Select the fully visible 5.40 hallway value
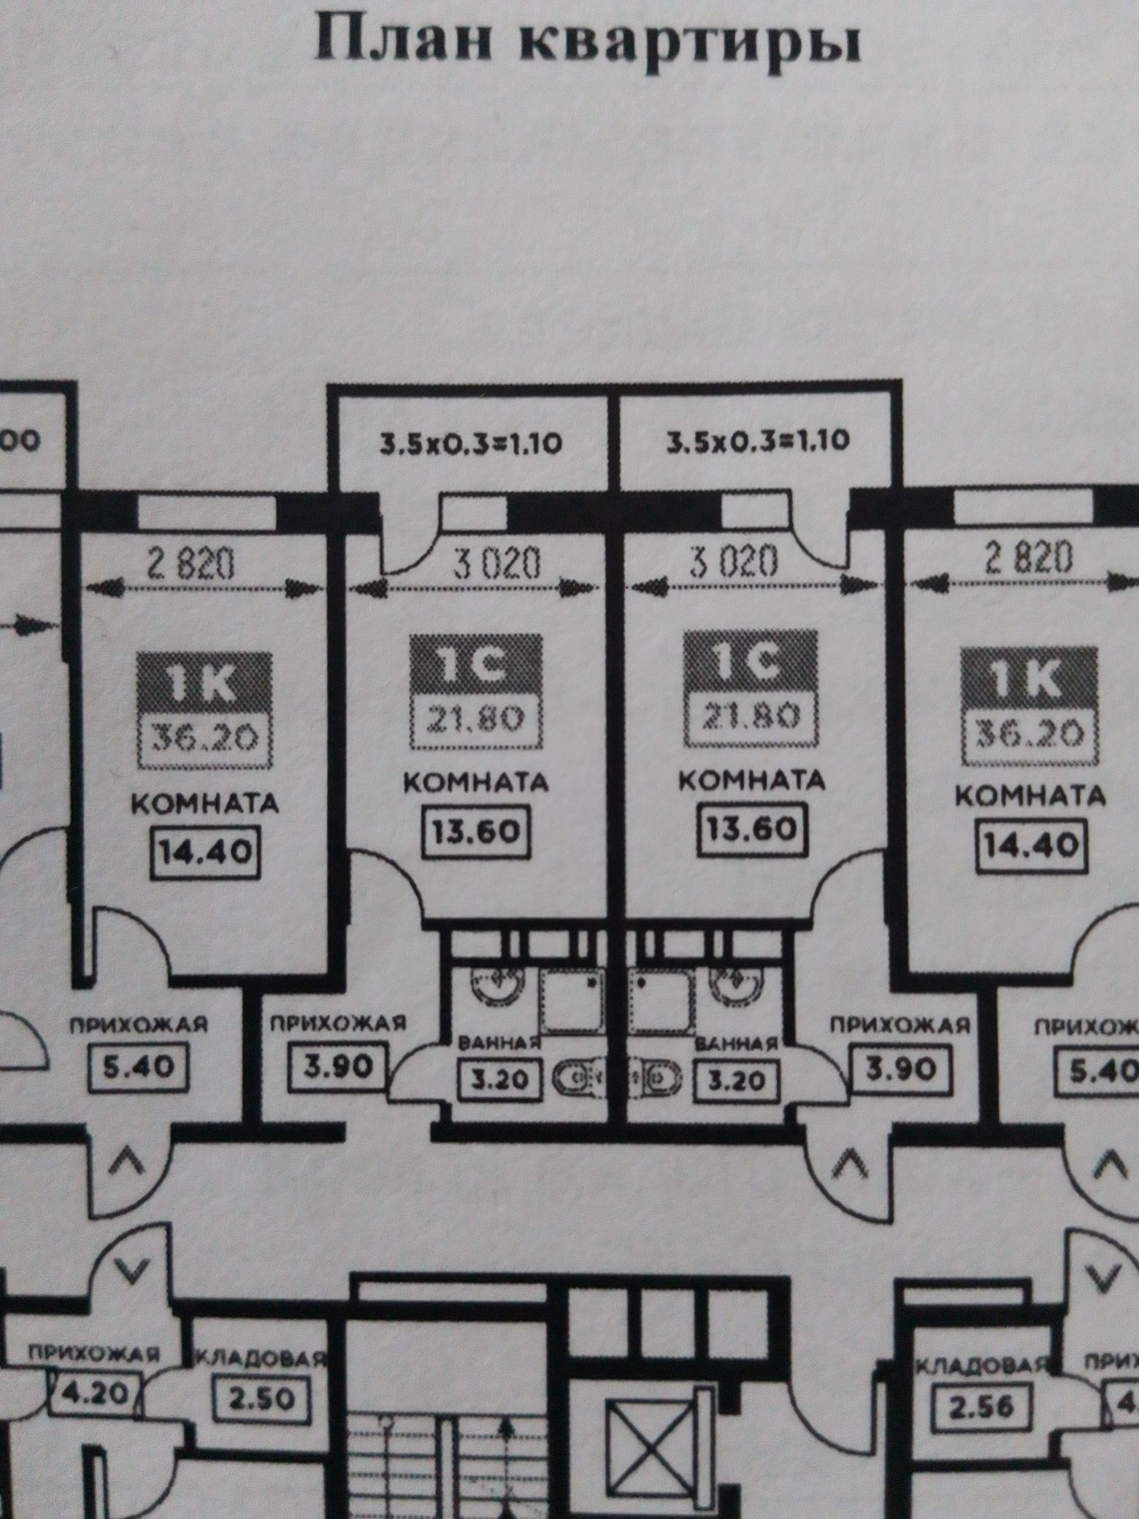137,1067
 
